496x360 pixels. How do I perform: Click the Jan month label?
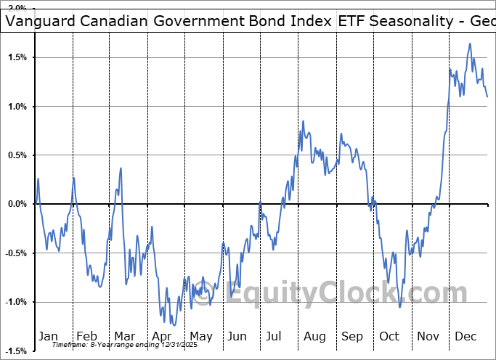click(x=49, y=336)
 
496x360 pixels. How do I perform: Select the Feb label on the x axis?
click(x=86, y=336)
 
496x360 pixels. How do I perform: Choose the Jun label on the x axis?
click(x=237, y=336)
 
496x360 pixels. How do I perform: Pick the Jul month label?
click(x=275, y=336)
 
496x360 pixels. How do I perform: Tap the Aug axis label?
click(x=314, y=336)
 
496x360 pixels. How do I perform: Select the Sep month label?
click(x=351, y=336)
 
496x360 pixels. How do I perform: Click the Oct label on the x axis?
click(x=389, y=336)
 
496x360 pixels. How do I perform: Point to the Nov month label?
click(x=428, y=336)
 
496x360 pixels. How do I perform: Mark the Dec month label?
click(x=465, y=336)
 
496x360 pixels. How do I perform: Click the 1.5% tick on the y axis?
click(x=17, y=57)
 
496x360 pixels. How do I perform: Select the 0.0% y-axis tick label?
click(x=17, y=205)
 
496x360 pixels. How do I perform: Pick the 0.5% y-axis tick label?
click(x=17, y=155)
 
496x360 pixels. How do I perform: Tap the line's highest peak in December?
click(x=470, y=44)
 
